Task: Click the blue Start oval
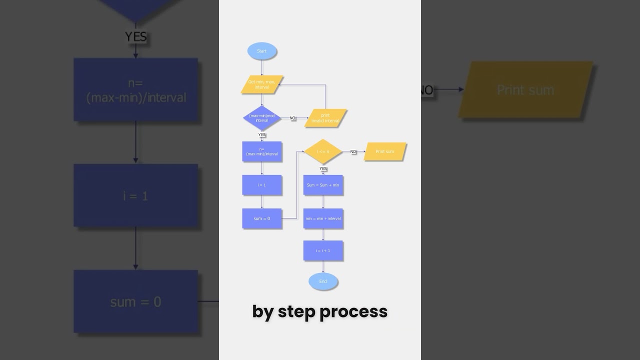(x=261, y=51)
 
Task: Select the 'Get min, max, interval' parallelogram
(x=261, y=84)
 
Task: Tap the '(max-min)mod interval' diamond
(x=261, y=118)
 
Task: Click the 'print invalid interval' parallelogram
(x=325, y=118)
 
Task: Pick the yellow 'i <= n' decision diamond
(x=323, y=151)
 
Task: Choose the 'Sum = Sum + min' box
(x=323, y=185)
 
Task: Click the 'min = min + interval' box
(x=323, y=218)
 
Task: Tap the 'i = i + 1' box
(x=323, y=250)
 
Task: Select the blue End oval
(x=323, y=281)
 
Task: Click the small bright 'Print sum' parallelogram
(x=385, y=151)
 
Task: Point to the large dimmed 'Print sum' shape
(x=525, y=90)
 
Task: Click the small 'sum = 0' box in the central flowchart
(x=261, y=218)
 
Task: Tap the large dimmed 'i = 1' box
(x=135, y=195)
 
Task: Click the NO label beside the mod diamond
(x=292, y=118)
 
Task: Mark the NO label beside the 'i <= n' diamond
(x=353, y=151)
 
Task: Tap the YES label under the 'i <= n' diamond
(x=323, y=168)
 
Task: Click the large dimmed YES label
(x=135, y=36)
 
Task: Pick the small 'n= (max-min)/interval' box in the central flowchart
(x=261, y=151)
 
